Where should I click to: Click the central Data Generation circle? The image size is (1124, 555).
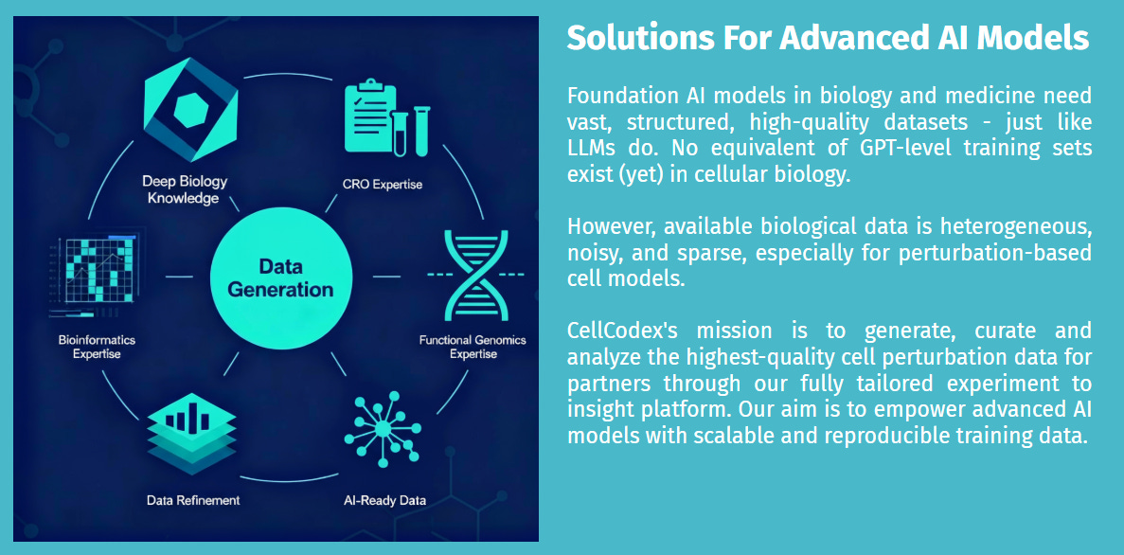point(280,277)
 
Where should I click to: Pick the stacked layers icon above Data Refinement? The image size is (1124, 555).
point(191,433)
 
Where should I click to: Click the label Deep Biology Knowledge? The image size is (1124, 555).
point(185,189)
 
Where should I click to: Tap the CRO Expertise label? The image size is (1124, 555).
point(383,185)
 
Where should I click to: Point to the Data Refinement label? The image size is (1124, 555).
point(192,500)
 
